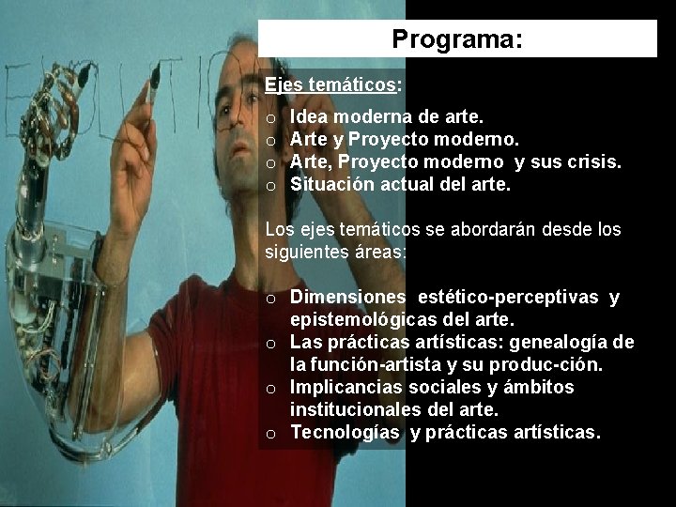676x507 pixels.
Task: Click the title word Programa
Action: [457, 40]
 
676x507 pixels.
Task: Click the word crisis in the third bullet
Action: [593, 162]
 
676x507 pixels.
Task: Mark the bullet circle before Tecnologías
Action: [270, 434]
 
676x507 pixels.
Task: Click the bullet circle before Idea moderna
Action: [270, 119]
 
